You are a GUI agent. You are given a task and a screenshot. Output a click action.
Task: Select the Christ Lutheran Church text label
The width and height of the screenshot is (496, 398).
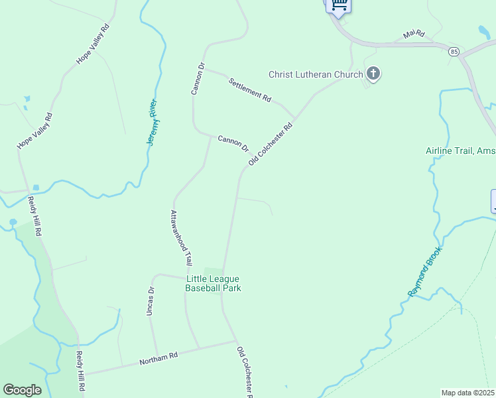(x=314, y=74)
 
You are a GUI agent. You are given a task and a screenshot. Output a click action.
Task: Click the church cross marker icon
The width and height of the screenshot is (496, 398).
(x=373, y=74)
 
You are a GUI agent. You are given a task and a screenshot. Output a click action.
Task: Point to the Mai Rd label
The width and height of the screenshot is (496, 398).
(x=413, y=34)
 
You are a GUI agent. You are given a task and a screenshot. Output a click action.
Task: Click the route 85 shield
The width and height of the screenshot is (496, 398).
(x=454, y=51)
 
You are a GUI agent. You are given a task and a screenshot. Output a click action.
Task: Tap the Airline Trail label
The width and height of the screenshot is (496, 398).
(x=460, y=151)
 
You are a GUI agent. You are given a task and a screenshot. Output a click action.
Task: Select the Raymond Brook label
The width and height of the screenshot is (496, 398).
(x=424, y=271)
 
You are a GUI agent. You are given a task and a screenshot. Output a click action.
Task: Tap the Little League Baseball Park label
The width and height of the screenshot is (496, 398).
(x=212, y=283)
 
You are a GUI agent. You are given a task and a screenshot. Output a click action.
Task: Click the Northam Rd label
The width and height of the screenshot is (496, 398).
(x=158, y=359)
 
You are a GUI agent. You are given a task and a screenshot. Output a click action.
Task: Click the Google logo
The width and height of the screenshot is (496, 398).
(x=22, y=390)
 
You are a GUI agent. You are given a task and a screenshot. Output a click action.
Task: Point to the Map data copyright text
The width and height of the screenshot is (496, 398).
(x=468, y=393)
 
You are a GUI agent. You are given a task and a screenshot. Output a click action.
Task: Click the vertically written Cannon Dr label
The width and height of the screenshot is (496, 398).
(x=196, y=78)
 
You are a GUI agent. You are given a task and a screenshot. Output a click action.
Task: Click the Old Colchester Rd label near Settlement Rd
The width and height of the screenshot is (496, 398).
(x=271, y=144)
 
